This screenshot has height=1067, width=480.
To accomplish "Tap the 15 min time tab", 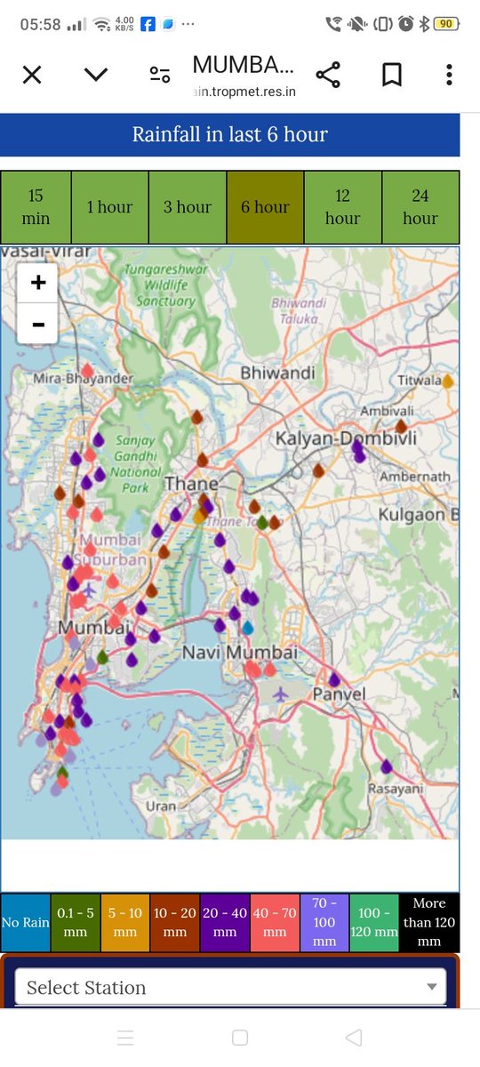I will tap(36, 207).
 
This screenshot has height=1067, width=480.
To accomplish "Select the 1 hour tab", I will tap(109, 207).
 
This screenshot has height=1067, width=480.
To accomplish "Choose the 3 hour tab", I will tap(188, 207).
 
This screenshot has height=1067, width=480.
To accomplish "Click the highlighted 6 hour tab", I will tap(265, 207).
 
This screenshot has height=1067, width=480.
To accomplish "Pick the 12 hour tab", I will tap(342, 207).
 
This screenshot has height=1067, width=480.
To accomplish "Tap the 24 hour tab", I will tap(420, 207).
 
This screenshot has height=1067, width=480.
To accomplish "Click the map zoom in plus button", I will tap(38, 284).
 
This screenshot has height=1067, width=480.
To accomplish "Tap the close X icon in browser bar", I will tap(32, 75).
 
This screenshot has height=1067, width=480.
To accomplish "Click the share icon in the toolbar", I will tap(328, 75).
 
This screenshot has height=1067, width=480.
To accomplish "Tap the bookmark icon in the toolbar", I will tap(391, 75).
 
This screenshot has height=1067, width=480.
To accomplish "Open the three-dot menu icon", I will tap(449, 75).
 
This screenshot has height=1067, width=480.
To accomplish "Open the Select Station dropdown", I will tap(230, 987).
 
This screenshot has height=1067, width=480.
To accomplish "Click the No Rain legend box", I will tap(26, 923).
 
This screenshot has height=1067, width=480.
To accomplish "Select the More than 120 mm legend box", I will tap(429, 923).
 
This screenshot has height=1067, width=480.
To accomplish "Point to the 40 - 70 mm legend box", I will tap(275, 923).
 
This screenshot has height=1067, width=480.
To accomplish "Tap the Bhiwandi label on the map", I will tap(277, 373).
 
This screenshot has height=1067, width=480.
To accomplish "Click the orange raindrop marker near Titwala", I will tap(448, 381).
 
